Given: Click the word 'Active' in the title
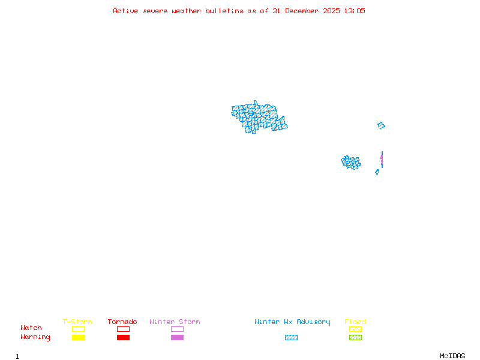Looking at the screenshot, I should pyautogui.click(x=125, y=11).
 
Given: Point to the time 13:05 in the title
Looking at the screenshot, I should pyautogui.click(x=354, y=11).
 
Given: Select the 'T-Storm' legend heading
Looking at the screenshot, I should pyautogui.click(x=77, y=322).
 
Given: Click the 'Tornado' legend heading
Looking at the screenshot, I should pyautogui.click(x=122, y=322).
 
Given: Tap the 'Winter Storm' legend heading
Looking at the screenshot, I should pyautogui.click(x=175, y=322).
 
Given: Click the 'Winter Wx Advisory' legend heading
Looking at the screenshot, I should pyautogui.click(x=292, y=322).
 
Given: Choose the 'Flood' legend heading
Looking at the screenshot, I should pyautogui.click(x=355, y=322).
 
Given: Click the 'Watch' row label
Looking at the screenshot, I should pyautogui.click(x=31, y=328).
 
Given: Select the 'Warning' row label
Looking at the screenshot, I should pyautogui.click(x=35, y=337).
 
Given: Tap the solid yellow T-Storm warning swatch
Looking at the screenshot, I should pyautogui.click(x=78, y=337).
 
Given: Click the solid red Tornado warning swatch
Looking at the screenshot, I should pyautogui.click(x=123, y=337).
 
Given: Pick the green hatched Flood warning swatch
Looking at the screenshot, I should pyautogui.click(x=355, y=337).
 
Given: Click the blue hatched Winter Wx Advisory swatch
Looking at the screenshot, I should pyautogui.click(x=291, y=337).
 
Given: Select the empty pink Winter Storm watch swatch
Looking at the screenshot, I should pyautogui.click(x=177, y=329).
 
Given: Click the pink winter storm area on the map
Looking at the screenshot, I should pyautogui.click(x=381, y=159).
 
